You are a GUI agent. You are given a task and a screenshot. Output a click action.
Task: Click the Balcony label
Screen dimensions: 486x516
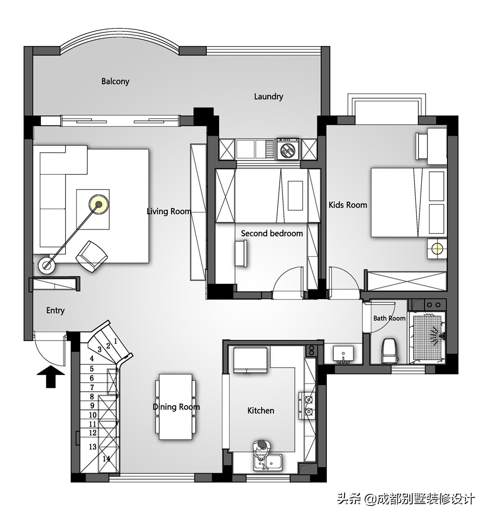pyautogui.click(x=115, y=81)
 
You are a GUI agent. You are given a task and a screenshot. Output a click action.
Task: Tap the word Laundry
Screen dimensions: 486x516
pyautogui.click(x=269, y=97)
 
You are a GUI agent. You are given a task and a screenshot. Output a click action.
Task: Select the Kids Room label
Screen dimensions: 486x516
pyautogui.click(x=348, y=205)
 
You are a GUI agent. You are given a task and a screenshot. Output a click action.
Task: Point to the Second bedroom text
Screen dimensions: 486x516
pyautogui.click(x=272, y=233)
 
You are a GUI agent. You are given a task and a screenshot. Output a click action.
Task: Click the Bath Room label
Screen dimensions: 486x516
pyautogui.click(x=389, y=318)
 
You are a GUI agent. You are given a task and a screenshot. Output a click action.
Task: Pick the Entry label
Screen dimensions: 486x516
pyautogui.click(x=55, y=310)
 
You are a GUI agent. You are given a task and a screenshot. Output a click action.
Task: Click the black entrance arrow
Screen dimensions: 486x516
pyautogui.click(x=51, y=377)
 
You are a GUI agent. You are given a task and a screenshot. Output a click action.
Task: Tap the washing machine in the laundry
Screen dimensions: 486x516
pyautogui.click(x=288, y=149)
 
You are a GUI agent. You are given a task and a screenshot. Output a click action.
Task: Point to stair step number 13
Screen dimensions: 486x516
pyautogui.click(x=92, y=447)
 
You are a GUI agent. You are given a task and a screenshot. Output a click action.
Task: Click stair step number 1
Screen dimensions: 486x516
pyautogui.click(x=116, y=341)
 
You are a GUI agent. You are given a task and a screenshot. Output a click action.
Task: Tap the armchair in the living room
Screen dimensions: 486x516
pyautogui.click(x=91, y=257)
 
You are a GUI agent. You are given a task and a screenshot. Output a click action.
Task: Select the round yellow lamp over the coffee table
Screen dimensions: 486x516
pyautogui.click(x=99, y=204)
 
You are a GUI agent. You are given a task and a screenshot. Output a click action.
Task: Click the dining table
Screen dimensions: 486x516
pyautogui.click(x=176, y=407)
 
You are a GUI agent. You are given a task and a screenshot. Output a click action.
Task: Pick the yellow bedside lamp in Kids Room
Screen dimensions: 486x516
pyautogui.click(x=437, y=248)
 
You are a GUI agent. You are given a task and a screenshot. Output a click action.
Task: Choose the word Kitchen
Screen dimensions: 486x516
pyautogui.click(x=261, y=410)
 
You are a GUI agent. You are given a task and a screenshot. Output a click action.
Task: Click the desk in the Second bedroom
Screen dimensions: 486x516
pyautogui.click(x=241, y=253)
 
